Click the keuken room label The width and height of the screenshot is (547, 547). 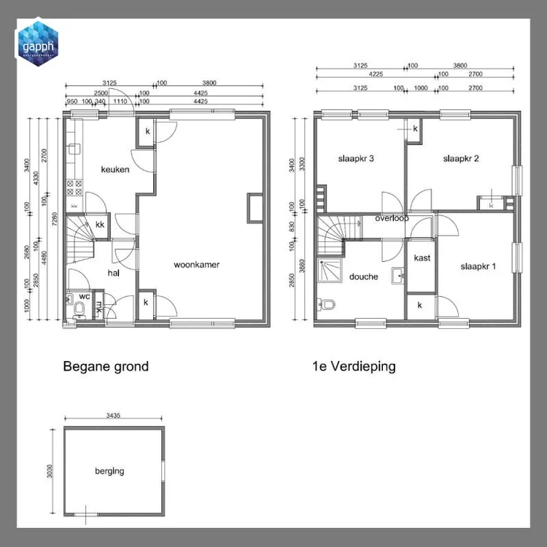coord(115,169)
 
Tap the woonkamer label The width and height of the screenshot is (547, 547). coord(196,265)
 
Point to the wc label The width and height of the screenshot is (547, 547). coord(85,296)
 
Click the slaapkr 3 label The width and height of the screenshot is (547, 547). coord(356,158)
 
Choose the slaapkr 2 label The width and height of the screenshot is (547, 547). coord(460,158)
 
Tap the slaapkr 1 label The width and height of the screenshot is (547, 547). coord(478,266)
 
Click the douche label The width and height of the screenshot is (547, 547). coord(363,276)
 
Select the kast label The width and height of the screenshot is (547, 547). coord(422,258)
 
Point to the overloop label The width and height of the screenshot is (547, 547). coord(392,218)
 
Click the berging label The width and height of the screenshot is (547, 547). coord(109,470)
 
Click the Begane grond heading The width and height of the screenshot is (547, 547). coord(106,366)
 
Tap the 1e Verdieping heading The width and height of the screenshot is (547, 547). coord(353,366)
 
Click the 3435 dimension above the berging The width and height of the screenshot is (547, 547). coord(112,414)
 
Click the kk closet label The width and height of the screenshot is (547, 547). coord(100,225)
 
